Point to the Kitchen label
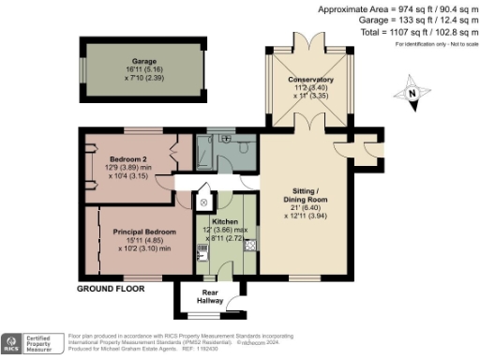click(x=226, y=222)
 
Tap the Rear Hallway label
click(x=210, y=296)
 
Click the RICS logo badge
click(x=15, y=343)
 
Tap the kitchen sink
click(x=203, y=251)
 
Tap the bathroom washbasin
click(x=227, y=138)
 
